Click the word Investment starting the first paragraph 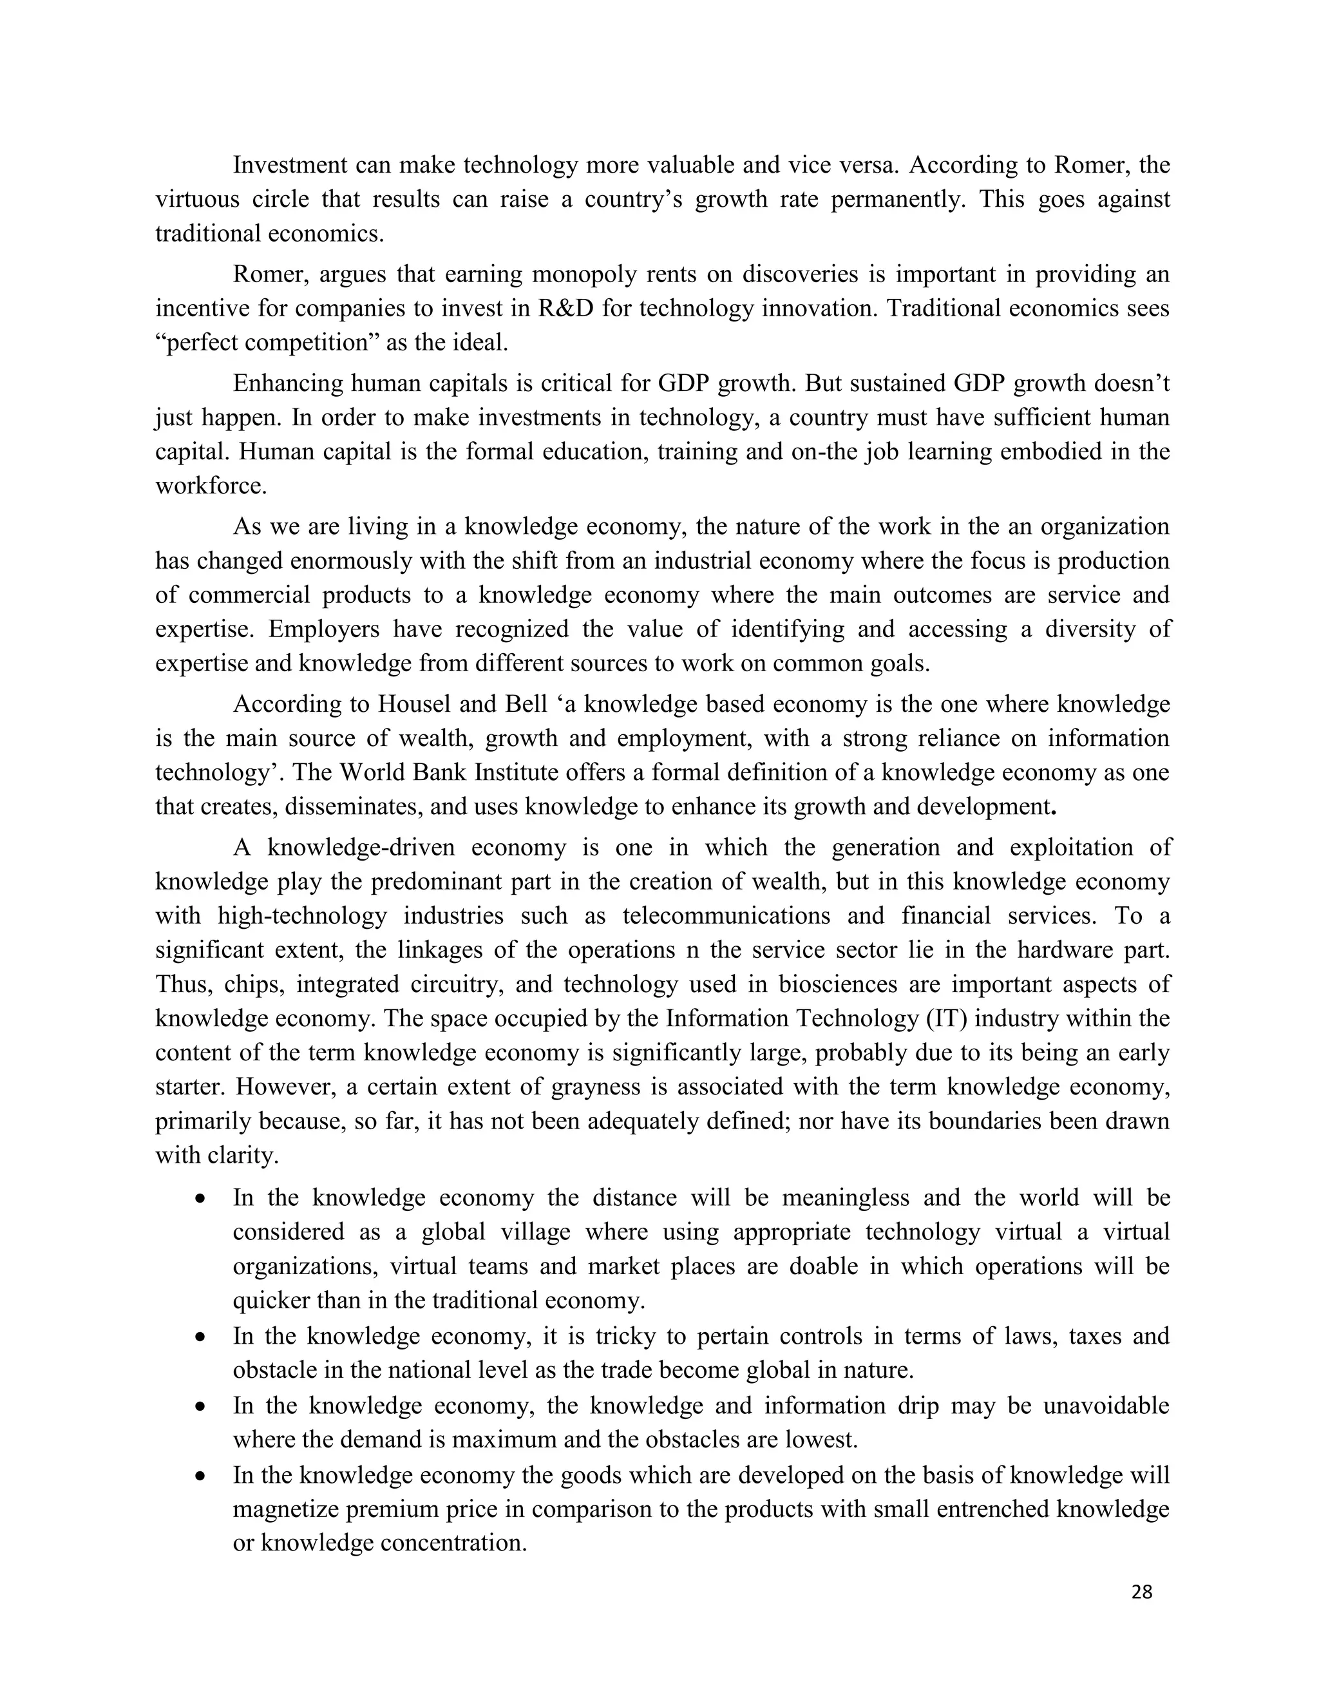click(x=290, y=166)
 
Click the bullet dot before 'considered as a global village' click(x=202, y=1199)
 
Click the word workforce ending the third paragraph click(x=210, y=486)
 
